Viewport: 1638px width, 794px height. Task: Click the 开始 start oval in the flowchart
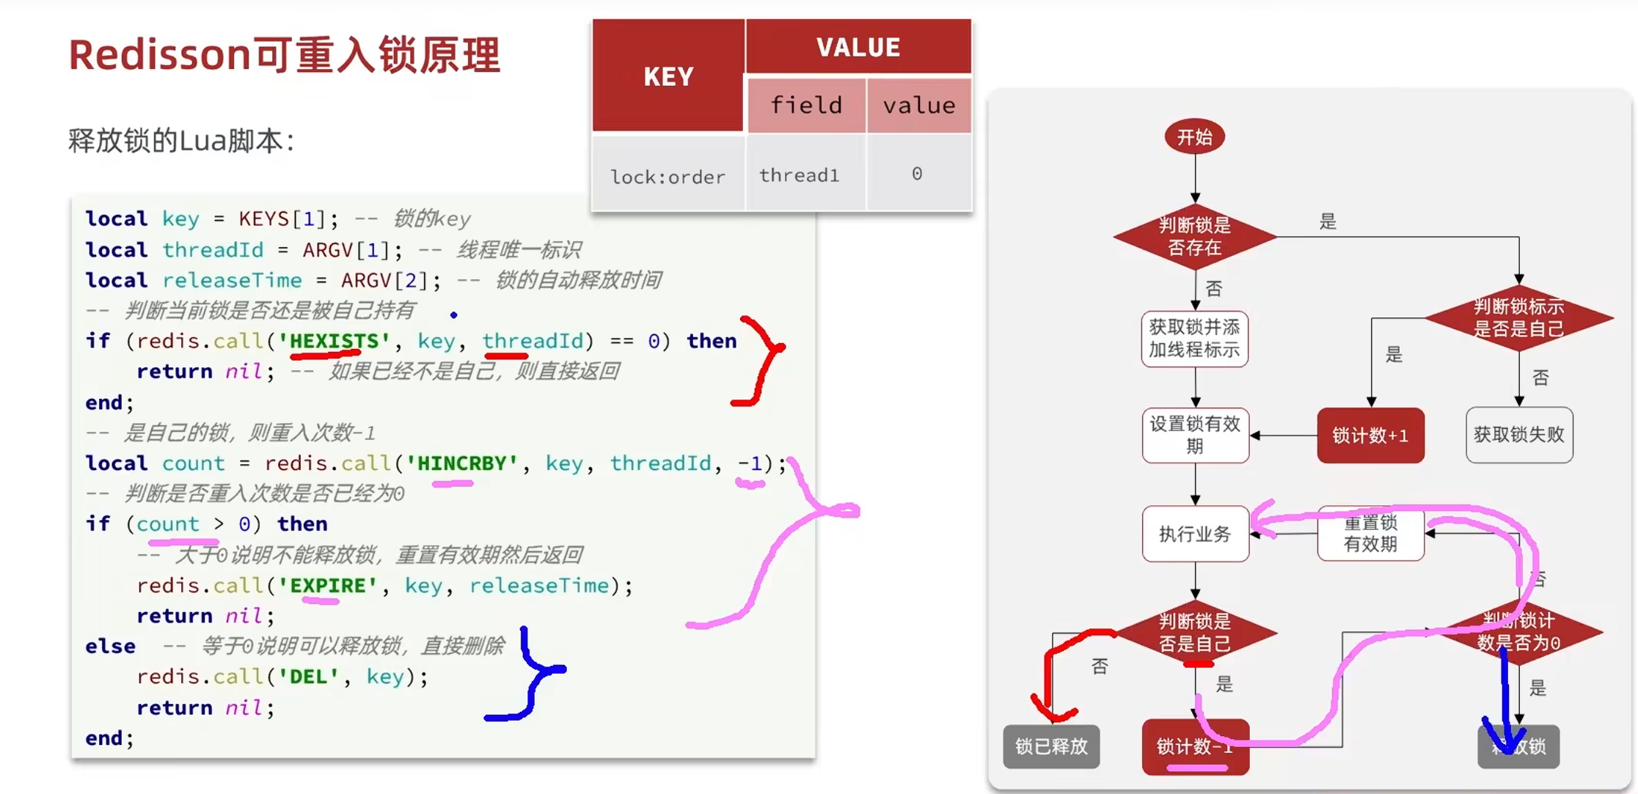[x=1194, y=137]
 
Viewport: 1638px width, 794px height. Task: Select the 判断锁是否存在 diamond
[x=1194, y=236]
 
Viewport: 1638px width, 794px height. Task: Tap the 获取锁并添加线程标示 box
[x=1194, y=338]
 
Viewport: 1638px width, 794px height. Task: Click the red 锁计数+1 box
[x=1370, y=435]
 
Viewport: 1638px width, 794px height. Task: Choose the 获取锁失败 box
[x=1518, y=435]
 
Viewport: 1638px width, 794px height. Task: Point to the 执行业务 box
[x=1194, y=534]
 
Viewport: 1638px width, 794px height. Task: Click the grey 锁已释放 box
[x=1050, y=746]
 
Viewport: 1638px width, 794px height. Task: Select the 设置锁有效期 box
[x=1194, y=435]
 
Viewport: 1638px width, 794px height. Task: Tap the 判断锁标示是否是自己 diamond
[x=1518, y=317]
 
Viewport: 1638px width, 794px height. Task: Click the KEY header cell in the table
[x=668, y=76]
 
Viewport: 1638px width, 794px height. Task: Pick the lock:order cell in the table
[x=668, y=177]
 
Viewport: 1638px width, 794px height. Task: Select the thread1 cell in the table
[x=799, y=175]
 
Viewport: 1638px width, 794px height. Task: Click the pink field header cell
[x=806, y=106]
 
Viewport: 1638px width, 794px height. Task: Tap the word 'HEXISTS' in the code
[x=334, y=341]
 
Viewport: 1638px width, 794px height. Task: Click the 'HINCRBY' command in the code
[x=462, y=463]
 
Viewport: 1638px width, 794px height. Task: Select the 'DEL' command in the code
[x=308, y=677]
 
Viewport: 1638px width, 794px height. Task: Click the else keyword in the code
[x=110, y=647]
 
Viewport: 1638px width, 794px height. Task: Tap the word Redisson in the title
[x=160, y=55]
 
